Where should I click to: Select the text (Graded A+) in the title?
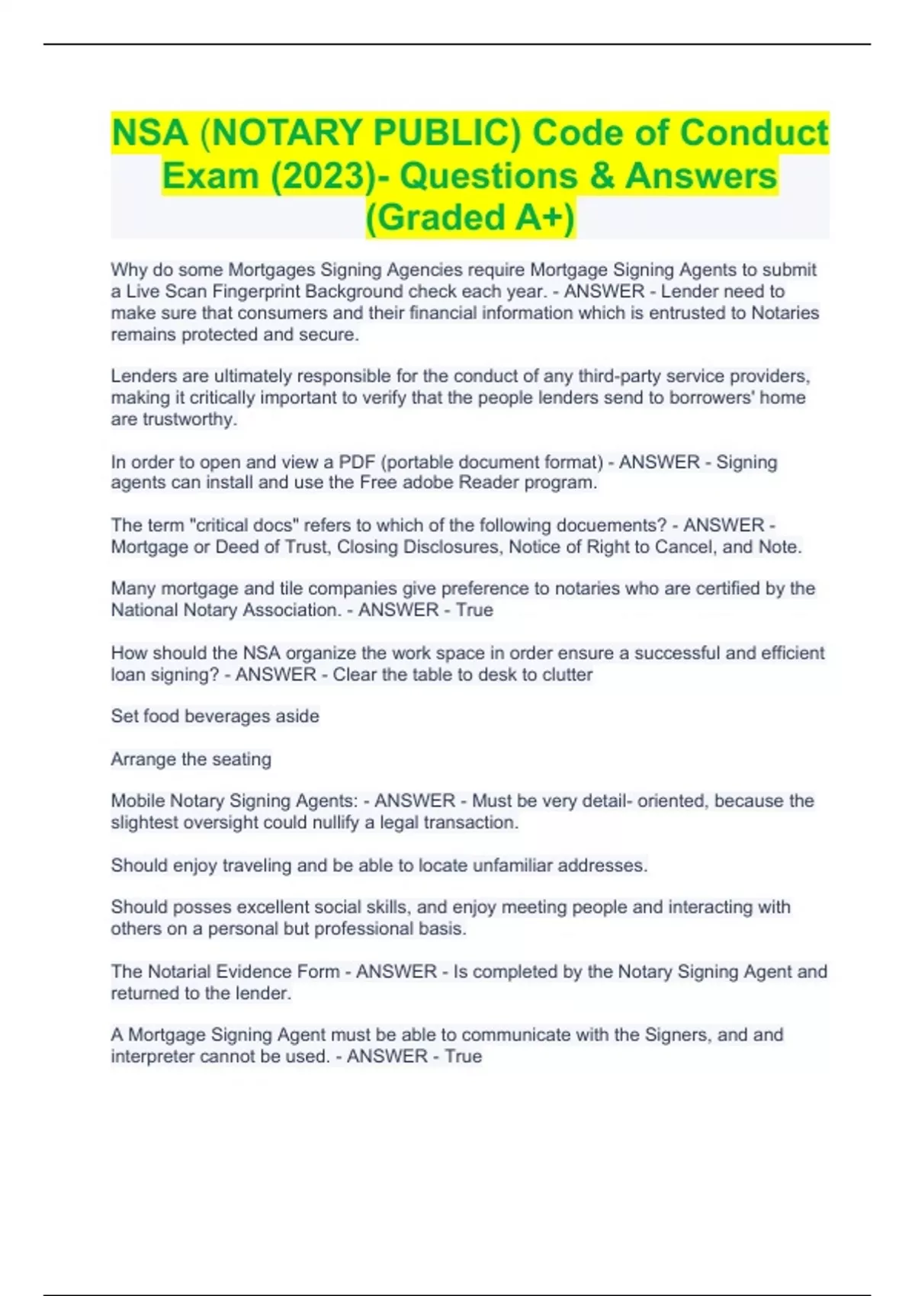tap(470, 217)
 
